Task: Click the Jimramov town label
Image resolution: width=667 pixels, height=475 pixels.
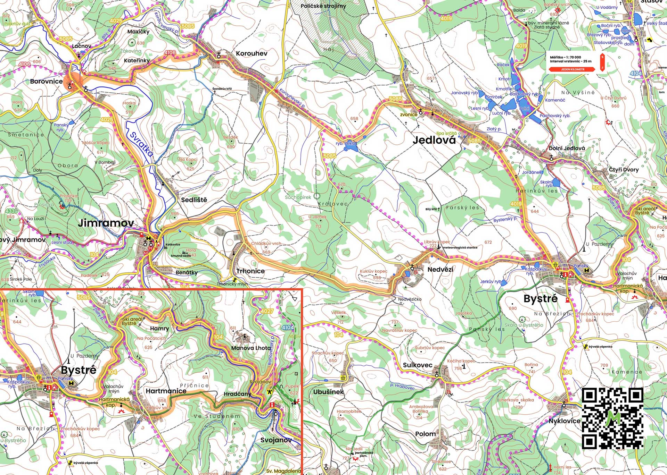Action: pyautogui.click(x=106, y=223)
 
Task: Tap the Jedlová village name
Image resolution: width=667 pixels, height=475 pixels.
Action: pyautogui.click(x=434, y=140)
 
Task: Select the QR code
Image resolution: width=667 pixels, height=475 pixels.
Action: pyautogui.click(x=612, y=418)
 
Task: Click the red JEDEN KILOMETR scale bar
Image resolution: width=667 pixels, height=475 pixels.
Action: pyautogui.click(x=573, y=69)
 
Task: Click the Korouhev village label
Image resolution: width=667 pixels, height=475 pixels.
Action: pyautogui.click(x=251, y=53)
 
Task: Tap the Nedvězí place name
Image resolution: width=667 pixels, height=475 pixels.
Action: pyautogui.click(x=440, y=269)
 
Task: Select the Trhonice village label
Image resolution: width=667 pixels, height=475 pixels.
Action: pyautogui.click(x=250, y=271)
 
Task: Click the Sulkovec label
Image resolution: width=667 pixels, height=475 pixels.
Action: pyautogui.click(x=418, y=365)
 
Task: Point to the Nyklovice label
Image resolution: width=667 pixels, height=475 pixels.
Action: pyautogui.click(x=564, y=421)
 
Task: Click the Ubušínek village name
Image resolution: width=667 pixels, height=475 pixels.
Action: pyautogui.click(x=328, y=392)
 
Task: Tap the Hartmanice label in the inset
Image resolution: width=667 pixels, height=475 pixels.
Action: pyautogui.click(x=166, y=391)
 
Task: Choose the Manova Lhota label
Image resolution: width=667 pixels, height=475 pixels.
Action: pyautogui.click(x=250, y=348)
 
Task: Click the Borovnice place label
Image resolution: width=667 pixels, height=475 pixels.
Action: pyautogui.click(x=46, y=81)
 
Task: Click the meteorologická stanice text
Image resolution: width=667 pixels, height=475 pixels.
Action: pyautogui.click(x=460, y=248)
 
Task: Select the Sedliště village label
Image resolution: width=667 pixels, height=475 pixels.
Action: pyautogui.click(x=194, y=200)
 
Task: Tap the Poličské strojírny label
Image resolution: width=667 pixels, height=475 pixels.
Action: pyautogui.click(x=323, y=6)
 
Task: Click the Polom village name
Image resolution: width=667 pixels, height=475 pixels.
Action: pyautogui.click(x=425, y=434)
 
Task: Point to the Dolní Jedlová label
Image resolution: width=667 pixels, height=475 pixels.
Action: pyautogui.click(x=567, y=148)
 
